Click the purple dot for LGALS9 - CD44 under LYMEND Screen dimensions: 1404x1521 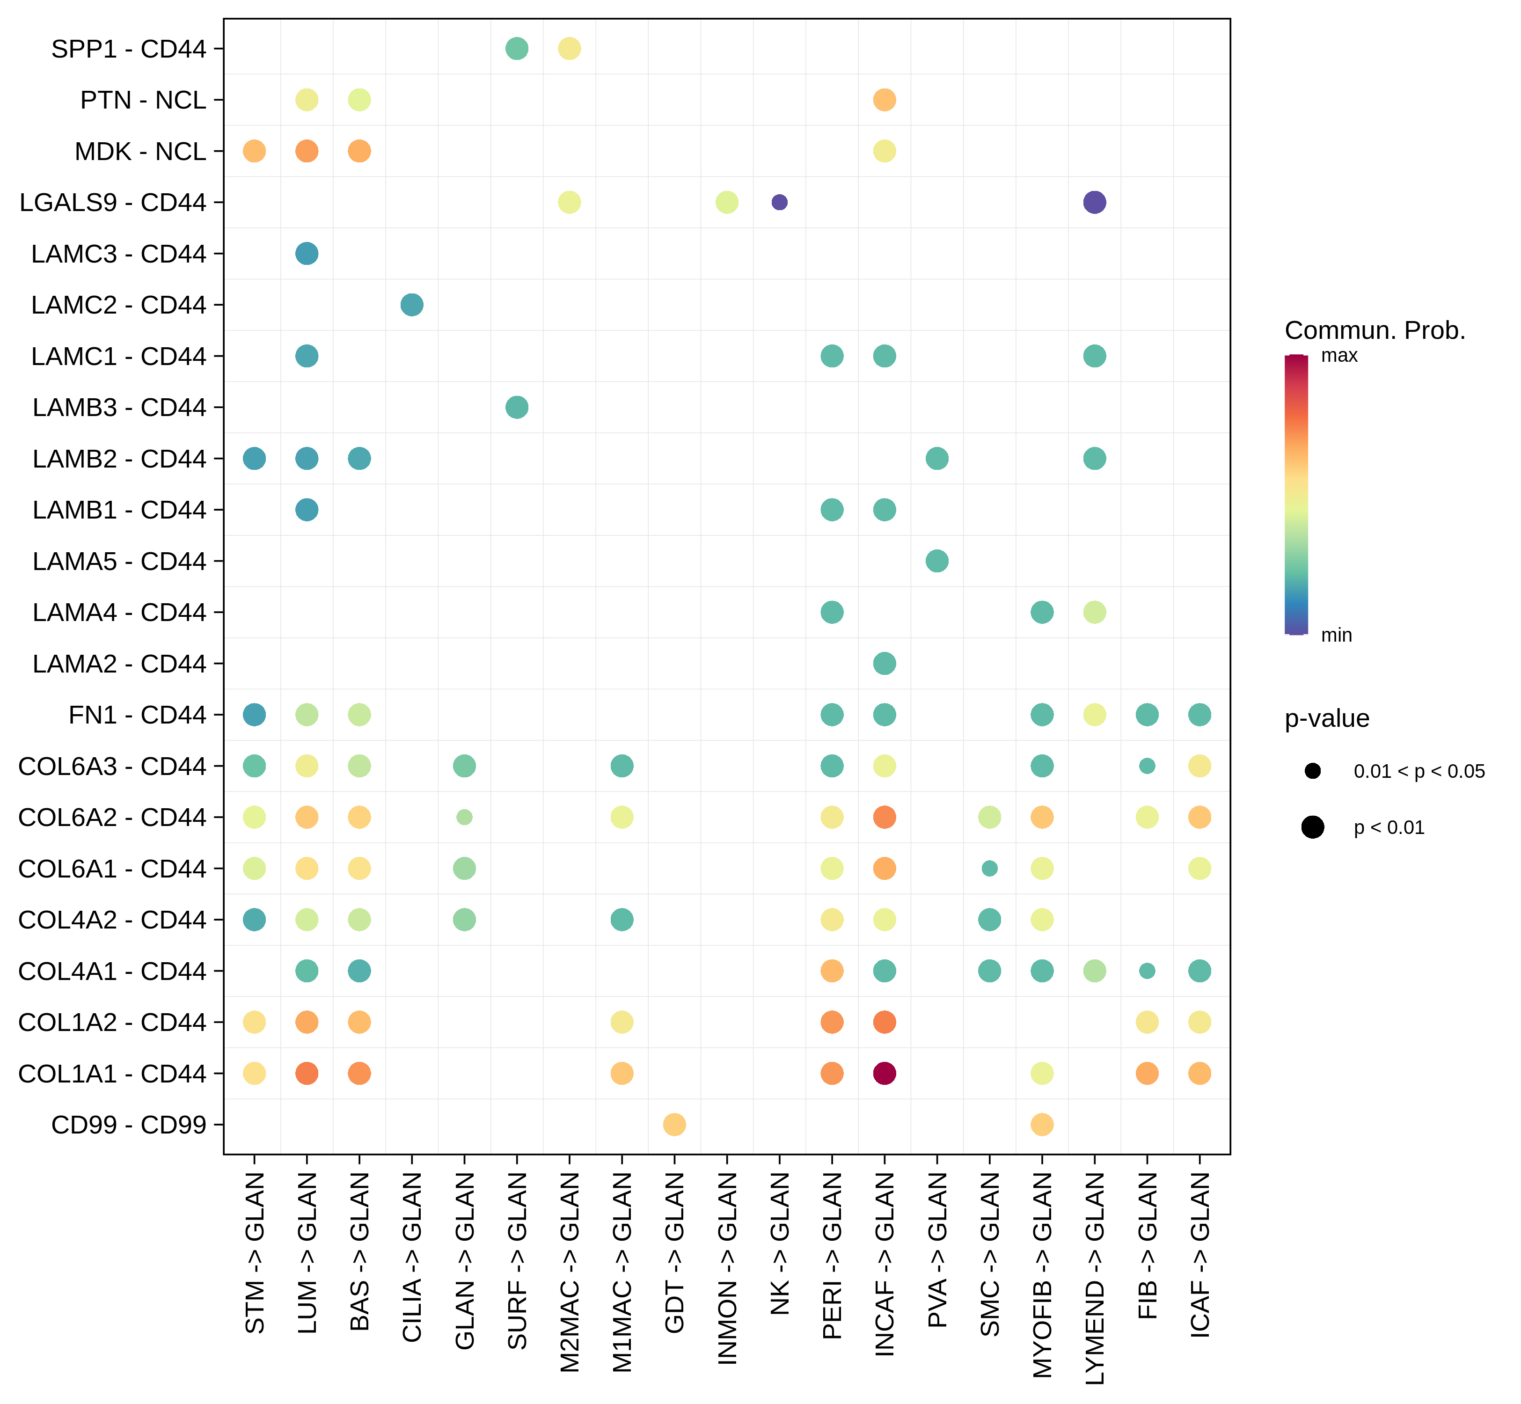[1094, 202]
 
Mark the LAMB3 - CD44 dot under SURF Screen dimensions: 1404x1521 [517, 407]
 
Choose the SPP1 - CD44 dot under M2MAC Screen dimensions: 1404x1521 [569, 49]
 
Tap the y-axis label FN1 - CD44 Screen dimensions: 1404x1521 [137, 715]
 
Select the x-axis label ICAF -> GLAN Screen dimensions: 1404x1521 [1199, 1254]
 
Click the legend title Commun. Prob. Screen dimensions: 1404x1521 [1375, 330]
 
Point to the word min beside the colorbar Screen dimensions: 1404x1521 [1337, 635]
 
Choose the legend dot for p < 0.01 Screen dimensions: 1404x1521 [1312, 827]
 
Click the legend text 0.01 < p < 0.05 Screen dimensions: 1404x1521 [1419, 771]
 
